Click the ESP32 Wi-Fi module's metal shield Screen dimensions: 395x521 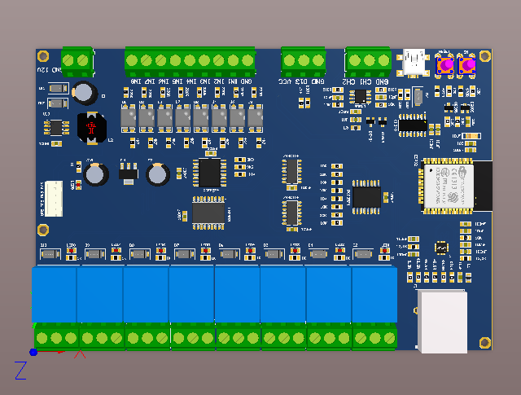[447, 187]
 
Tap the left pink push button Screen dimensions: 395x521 [445, 65]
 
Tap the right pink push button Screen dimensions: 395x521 [467, 65]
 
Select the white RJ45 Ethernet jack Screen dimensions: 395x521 [442, 321]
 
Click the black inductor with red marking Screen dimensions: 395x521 [91, 127]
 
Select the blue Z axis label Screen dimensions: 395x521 [21, 371]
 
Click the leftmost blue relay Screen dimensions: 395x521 [55, 293]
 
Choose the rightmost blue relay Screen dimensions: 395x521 [374, 293]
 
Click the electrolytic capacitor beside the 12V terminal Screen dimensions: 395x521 [83, 91]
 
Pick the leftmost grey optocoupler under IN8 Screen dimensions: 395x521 [128, 119]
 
